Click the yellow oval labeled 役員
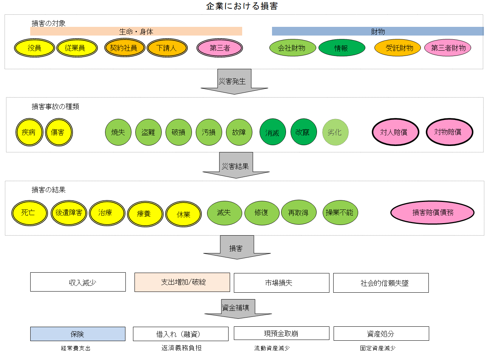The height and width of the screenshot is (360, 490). pos(34,48)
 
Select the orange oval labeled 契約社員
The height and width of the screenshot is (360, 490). pos(124,48)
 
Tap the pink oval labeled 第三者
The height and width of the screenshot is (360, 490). pos(219,48)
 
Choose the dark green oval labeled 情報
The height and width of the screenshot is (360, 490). pos(342,48)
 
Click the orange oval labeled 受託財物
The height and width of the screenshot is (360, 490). pos(397,48)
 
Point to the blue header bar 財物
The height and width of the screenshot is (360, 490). pos(377,31)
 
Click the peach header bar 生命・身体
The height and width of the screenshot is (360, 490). pos(136,31)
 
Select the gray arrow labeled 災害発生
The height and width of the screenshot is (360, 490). pos(234,81)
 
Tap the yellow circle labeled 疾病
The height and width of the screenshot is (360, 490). pos(29,132)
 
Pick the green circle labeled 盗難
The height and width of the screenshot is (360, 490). pos(148,132)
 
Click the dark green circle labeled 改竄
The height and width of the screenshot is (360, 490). pos(303,132)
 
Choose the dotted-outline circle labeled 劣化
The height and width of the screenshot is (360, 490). pos(335,132)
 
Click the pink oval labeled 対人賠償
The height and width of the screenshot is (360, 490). pos(395,132)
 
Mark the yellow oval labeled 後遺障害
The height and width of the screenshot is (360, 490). pos(69,213)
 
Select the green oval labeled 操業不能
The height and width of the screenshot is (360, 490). pos(340,213)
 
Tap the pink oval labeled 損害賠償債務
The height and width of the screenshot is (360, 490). pos(432,213)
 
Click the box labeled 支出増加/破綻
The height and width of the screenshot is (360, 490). pos(182,282)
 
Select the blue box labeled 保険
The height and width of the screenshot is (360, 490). pos(77,334)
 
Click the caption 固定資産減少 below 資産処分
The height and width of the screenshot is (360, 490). pos(377,348)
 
